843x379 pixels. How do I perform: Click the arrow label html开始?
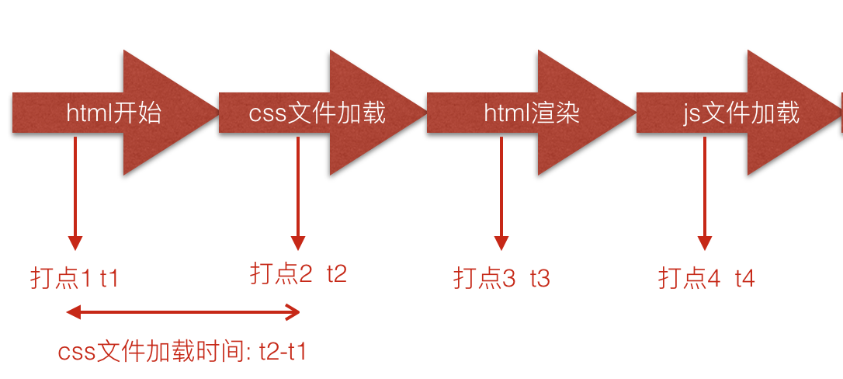pyautogui.click(x=113, y=113)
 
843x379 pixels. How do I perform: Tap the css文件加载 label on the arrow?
pyautogui.click(x=317, y=113)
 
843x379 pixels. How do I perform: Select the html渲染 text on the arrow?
pyautogui.click(x=532, y=113)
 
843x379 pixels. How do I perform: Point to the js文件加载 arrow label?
pyautogui.click(x=741, y=113)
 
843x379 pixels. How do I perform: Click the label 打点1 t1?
pyautogui.click(x=75, y=278)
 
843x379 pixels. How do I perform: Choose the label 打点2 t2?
pyautogui.click(x=298, y=273)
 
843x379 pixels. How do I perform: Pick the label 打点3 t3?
pyautogui.click(x=501, y=278)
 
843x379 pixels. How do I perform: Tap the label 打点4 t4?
pyautogui.click(x=706, y=278)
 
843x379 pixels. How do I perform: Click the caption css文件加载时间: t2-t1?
pyautogui.click(x=182, y=352)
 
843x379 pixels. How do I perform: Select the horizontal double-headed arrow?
pyautogui.click(x=183, y=313)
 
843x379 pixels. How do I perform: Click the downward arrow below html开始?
pyautogui.click(x=75, y=194)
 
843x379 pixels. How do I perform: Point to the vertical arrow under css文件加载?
pyautogui.click(x=298, y=194)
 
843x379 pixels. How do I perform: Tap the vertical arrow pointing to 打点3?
pyautogui.click(x=501, y=194)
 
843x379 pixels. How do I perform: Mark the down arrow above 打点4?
pyautogui.click(x=705, y=194)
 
